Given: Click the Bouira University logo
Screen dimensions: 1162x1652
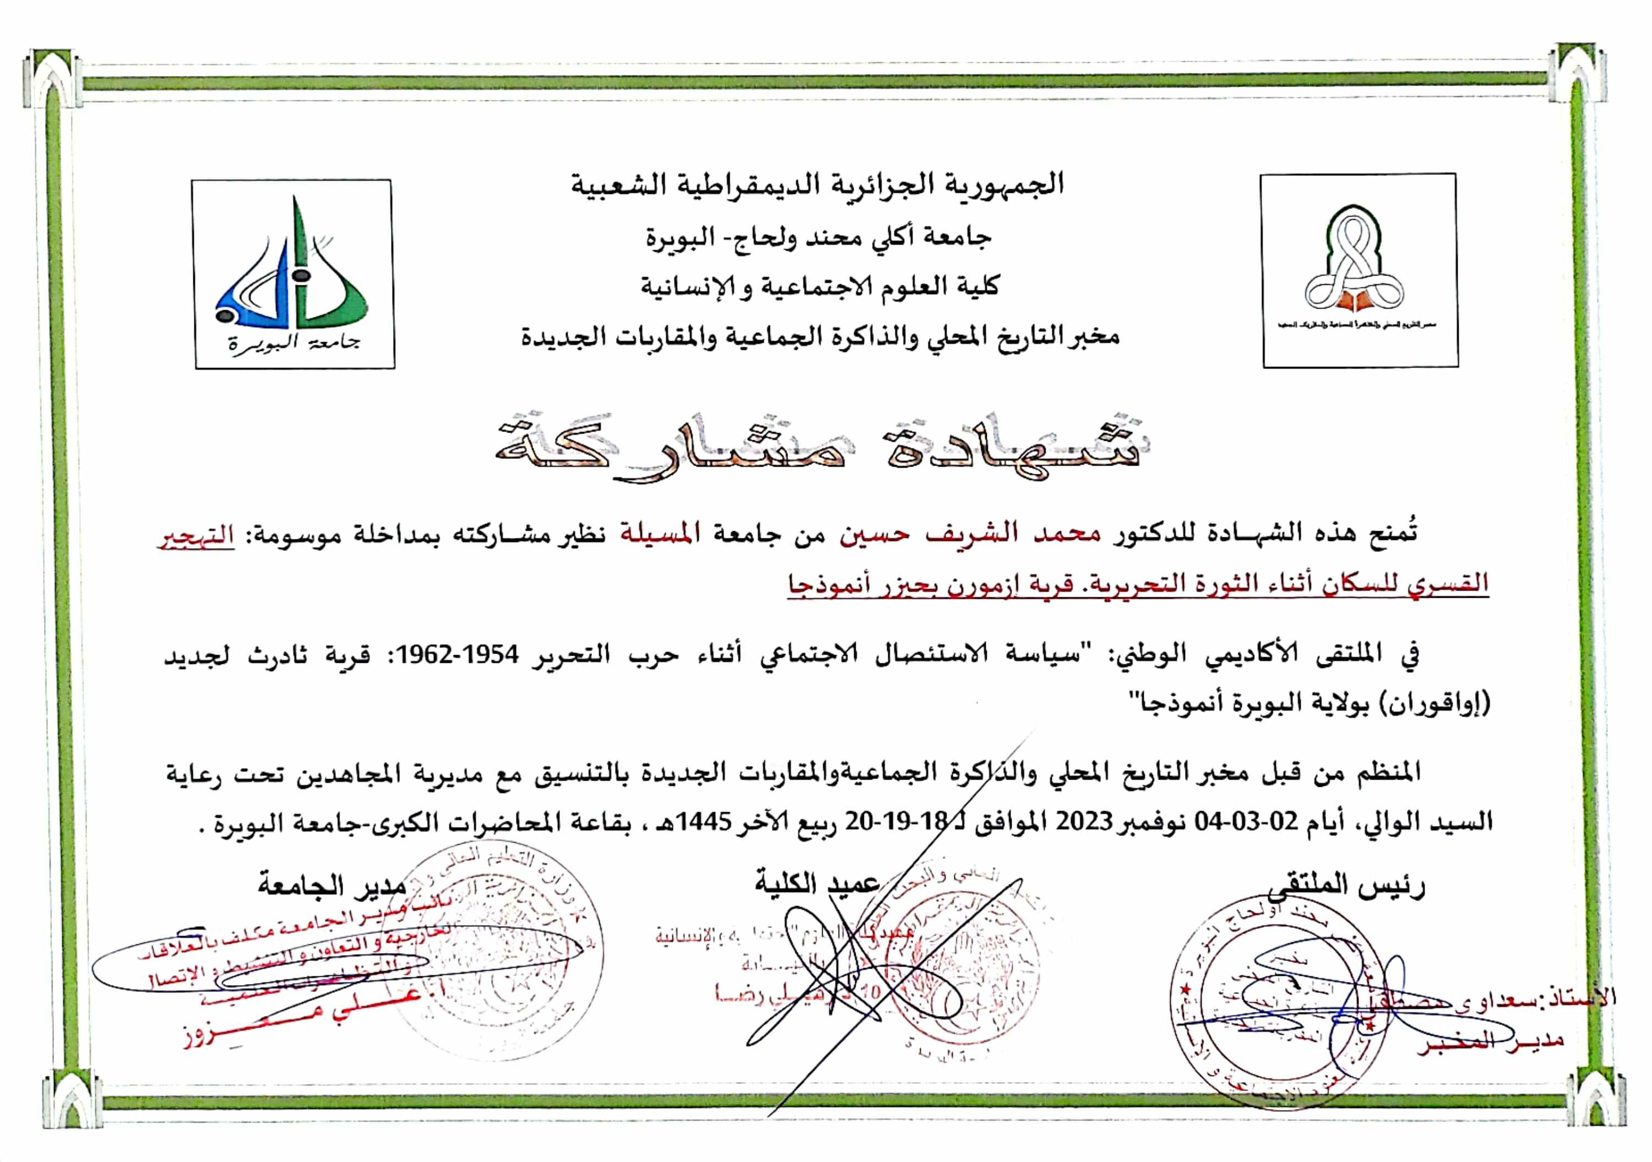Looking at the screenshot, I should point(294,274).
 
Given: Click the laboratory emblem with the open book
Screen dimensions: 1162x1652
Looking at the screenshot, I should point(1358,270).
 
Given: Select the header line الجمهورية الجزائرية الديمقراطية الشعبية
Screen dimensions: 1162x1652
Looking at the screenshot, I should point(817,185).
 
